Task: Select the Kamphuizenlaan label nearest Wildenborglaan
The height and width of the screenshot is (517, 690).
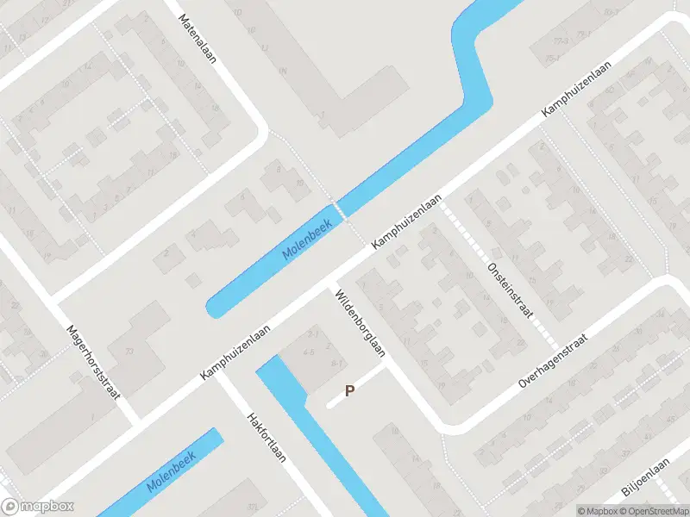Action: [x=406, y=223]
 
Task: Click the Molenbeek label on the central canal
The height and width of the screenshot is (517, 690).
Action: [x=307, y=241]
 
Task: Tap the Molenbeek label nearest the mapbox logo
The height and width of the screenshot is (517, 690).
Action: [x=172, y=472]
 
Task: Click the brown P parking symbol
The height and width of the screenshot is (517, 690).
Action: [x=349, y=390]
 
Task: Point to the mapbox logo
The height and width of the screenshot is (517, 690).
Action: [x=37, y=507]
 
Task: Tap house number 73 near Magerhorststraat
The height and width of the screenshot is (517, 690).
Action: [x=130, y=352]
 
